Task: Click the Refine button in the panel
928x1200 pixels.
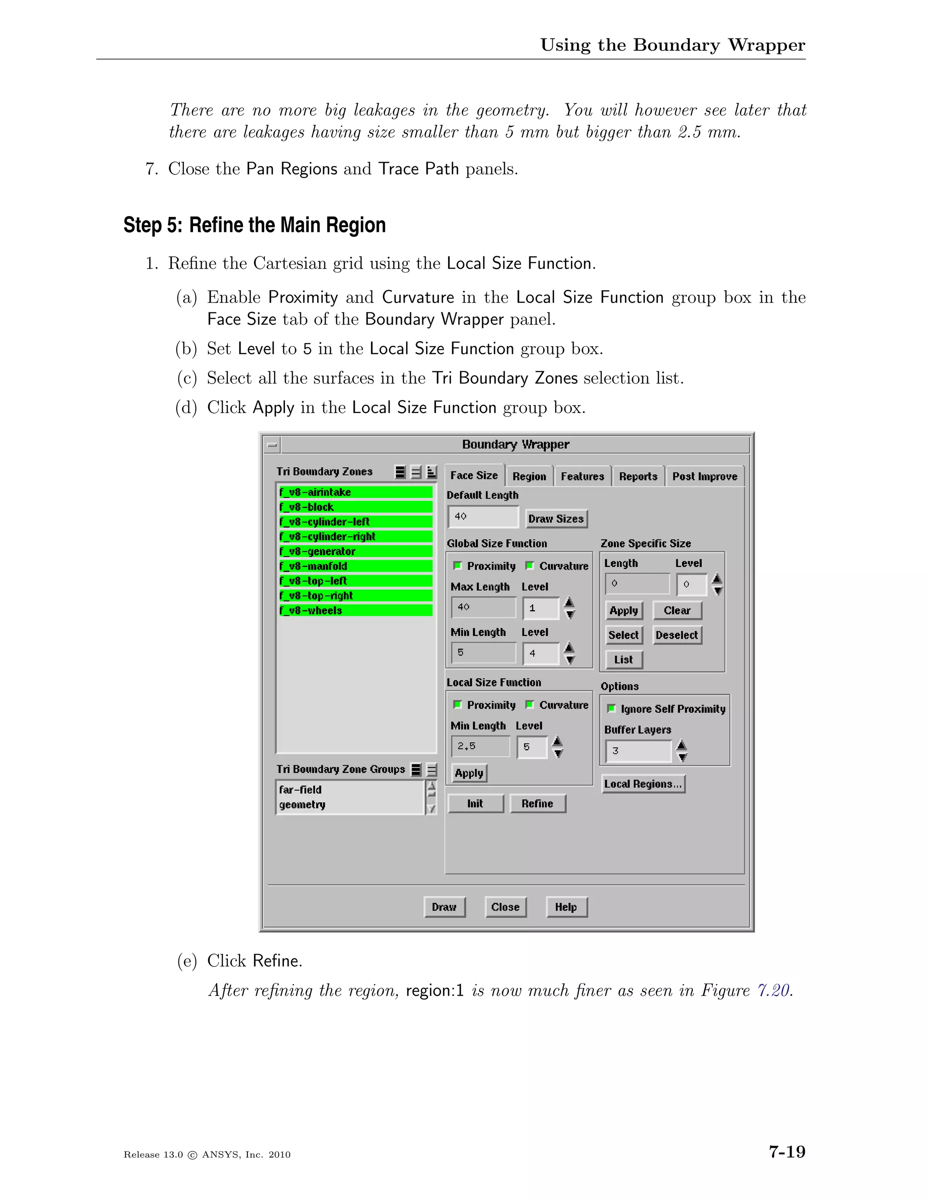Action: [537, 803]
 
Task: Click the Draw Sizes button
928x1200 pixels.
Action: [556, 518]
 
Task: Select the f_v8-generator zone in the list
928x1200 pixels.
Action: [356, 551]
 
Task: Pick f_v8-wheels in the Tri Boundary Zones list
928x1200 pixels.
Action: [356, 610]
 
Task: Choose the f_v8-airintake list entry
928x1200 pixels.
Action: [356, 492]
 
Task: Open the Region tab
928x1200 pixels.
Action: [529, 476]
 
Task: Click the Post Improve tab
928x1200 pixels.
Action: [704, 476]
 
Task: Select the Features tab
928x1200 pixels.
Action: [582, 476]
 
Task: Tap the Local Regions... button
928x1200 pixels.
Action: [643, 784]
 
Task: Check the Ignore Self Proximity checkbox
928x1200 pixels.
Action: [611, 709]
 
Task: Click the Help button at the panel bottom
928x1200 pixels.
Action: [566, 907]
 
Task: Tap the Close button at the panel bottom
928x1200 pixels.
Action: [505, 907]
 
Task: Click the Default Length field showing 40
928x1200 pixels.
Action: [483, 517]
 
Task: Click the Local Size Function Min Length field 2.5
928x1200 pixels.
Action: [480, 747]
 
